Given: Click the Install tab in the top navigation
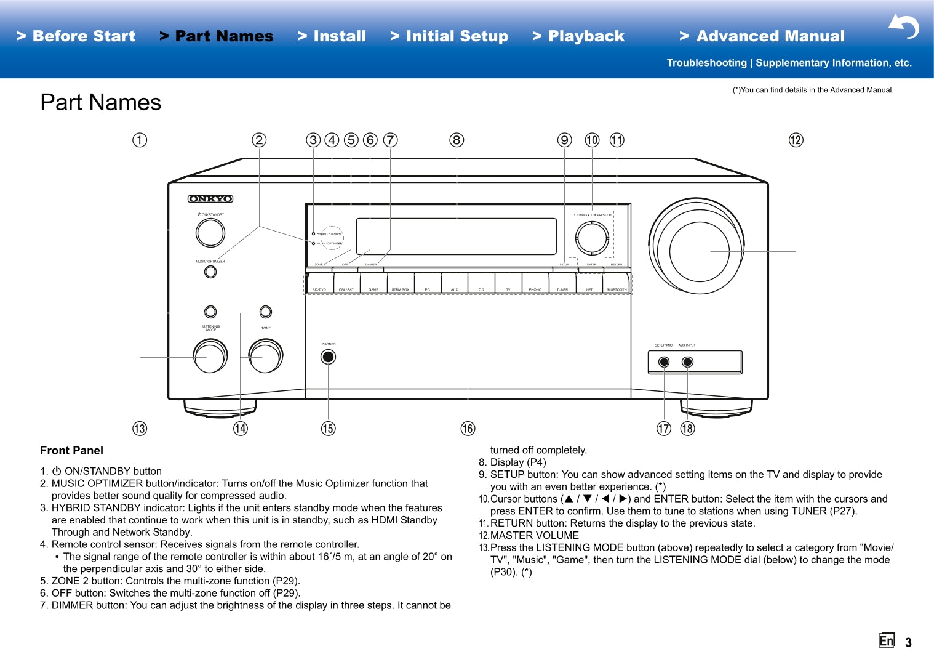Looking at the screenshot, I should click(332, 36).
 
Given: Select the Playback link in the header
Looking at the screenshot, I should click(578, 36).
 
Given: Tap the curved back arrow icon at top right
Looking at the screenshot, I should click(904, 26).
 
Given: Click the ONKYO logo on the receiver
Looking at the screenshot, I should click(210, 199).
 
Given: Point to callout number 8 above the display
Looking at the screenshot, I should click(457, 140).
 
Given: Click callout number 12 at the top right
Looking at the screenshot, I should click(796, 140).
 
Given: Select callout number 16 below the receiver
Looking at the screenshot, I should click(468, 429).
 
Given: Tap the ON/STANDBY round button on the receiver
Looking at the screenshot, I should click(210, 233).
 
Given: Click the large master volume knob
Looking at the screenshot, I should click(699, 251).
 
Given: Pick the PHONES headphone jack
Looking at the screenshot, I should click(329, 357).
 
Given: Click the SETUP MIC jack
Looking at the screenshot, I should click(664, 362).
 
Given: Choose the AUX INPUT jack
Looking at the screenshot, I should click(688, 362).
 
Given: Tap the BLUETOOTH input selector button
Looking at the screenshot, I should click(617, 284).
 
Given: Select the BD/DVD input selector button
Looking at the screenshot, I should click(319, 284).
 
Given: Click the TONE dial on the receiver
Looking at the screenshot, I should click(266, 357).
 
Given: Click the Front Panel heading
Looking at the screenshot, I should click(71, 451).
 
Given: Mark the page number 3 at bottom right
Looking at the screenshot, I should click(908, 643).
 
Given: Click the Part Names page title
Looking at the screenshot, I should click(101, 102).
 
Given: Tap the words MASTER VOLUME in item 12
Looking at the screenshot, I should click(534, 536).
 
